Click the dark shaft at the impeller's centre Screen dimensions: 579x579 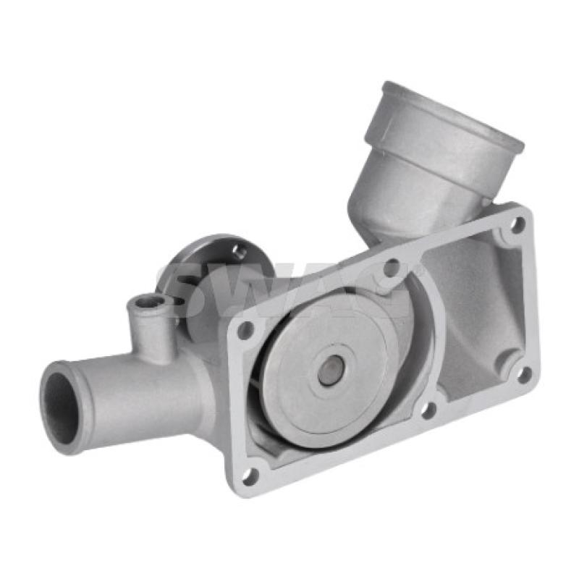tap(330, 371)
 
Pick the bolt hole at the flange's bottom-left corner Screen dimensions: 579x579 tap(250, 475)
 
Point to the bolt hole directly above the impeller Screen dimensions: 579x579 tap(391, 269)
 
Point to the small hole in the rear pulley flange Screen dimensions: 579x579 tap(239, 250)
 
